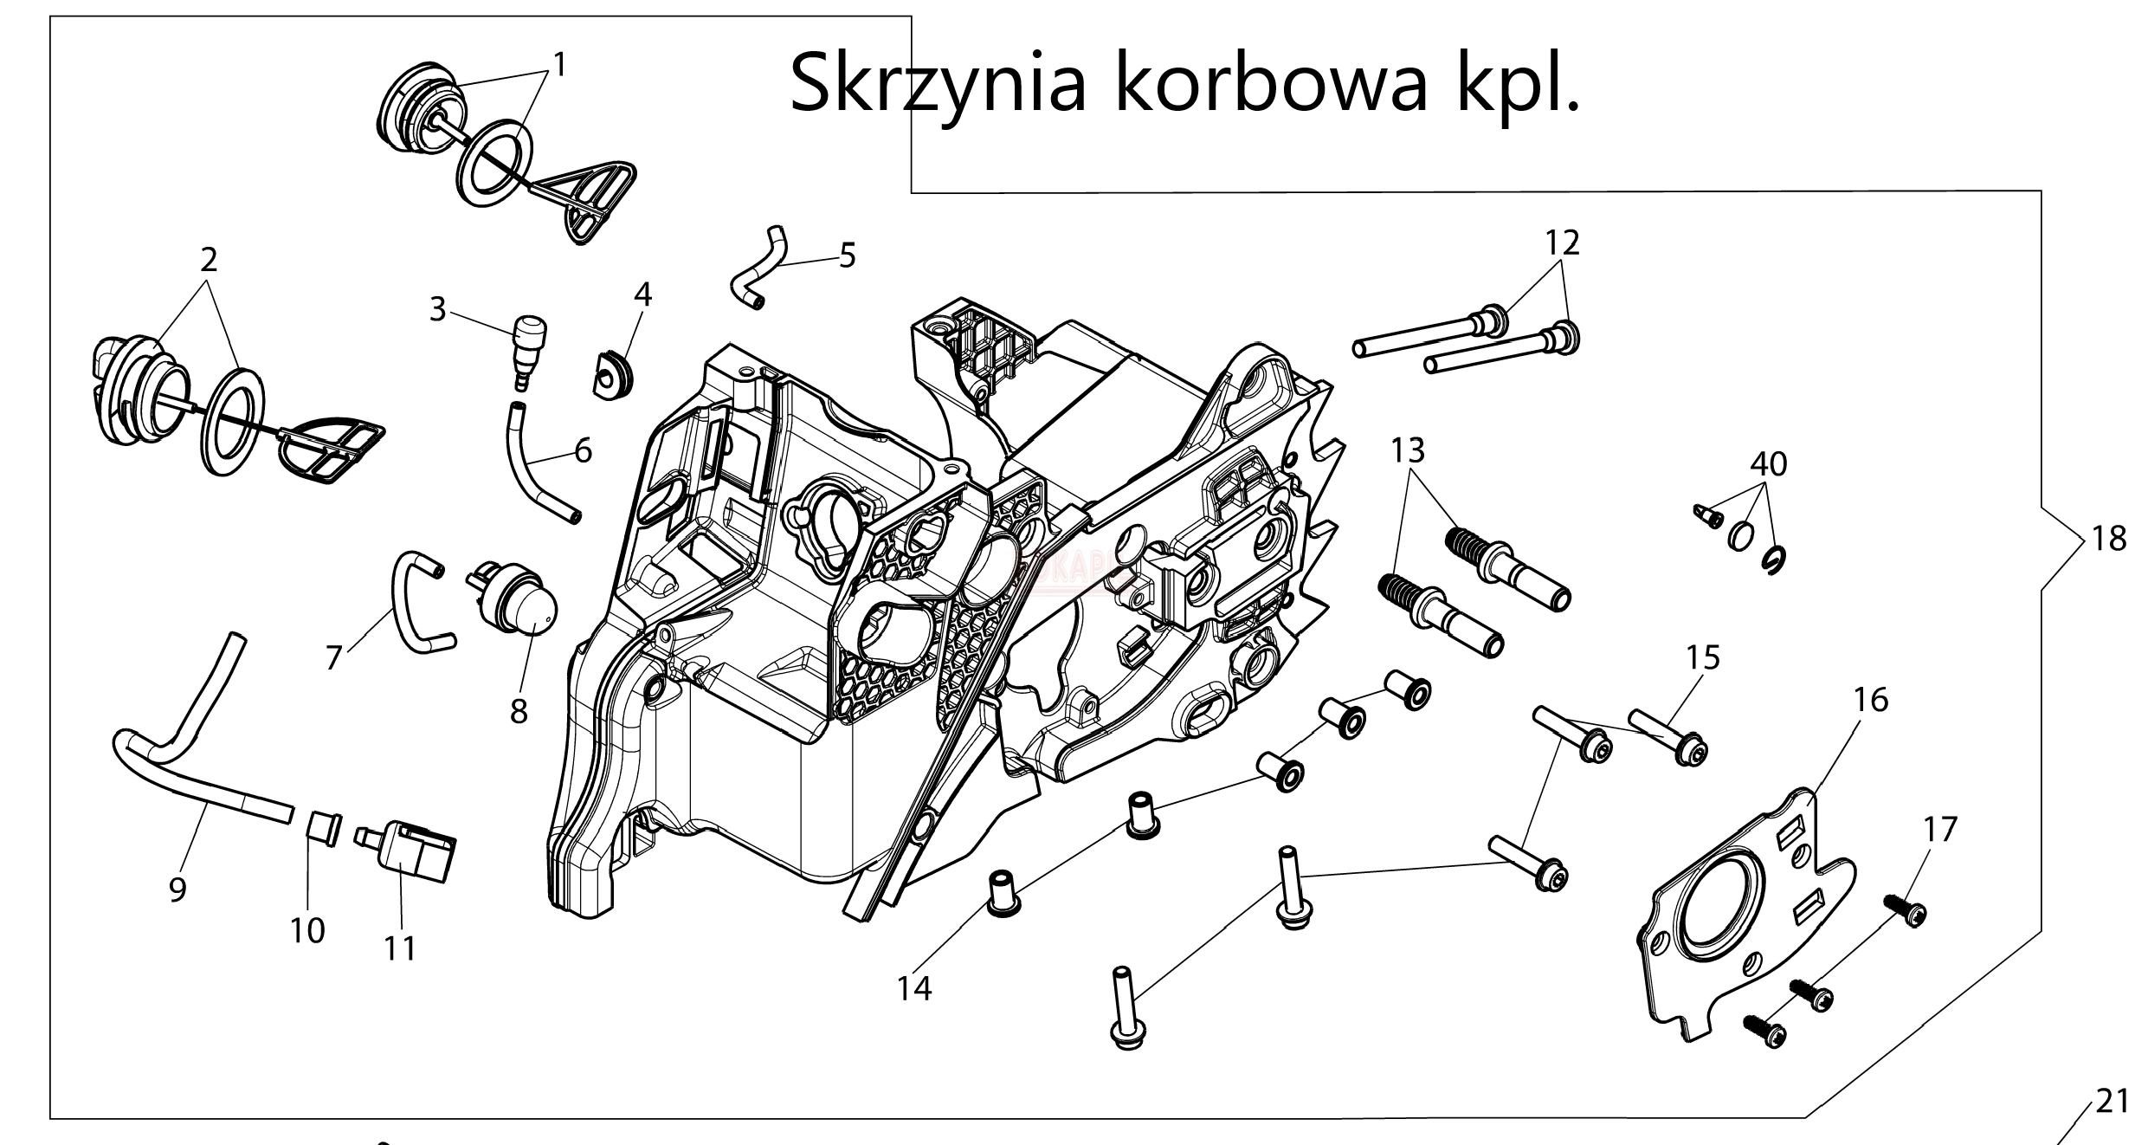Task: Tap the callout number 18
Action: [x=2109, y=540]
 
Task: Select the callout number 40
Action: [x=1768, y=465]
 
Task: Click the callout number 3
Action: [x=438, y=309]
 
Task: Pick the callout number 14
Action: [x=914, y=987]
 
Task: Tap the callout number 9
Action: [x=177, y=889]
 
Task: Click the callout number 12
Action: [x=1563, y=243]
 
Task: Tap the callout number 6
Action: [x=583, y=450]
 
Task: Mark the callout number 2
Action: [x=209, y=259]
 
